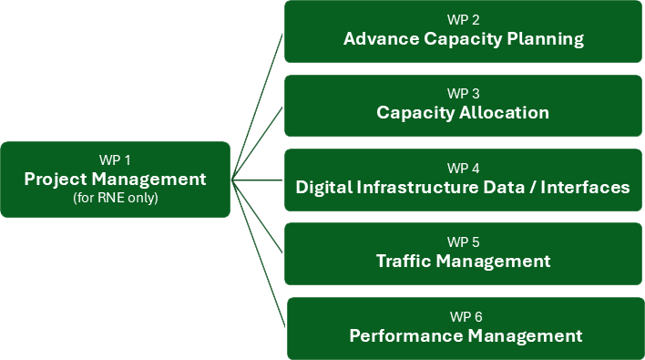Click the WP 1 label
(115, 159)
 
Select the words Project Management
(115, 179)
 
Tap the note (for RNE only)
(115, 198)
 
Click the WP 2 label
(463, 19)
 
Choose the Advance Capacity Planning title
(463, 39)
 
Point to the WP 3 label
(463, 94)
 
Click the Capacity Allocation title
(463, 113)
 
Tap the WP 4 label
(463, 169)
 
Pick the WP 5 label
(463, 242)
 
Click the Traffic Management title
(463, 262)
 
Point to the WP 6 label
(466, 316)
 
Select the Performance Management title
(466, 336)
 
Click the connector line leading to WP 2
(258, 106)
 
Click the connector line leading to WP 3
(259, 141)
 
